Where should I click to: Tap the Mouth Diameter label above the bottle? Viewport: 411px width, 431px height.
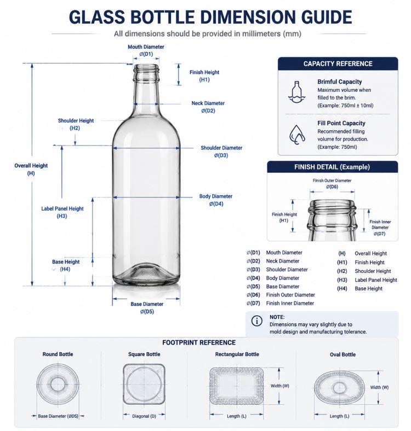point(146,50)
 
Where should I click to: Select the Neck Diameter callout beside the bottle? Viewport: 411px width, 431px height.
point(208,107)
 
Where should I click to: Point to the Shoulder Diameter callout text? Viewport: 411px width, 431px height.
point(221,152)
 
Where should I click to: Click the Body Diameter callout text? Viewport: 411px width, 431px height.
point(216,200)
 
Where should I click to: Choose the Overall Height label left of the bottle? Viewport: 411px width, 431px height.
point(31,170)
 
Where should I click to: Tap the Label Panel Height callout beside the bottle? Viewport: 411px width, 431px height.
point(62,212)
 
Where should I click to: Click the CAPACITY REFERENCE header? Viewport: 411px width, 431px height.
point(338,64)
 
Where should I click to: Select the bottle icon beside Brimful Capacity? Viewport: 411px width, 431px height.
point(296,92)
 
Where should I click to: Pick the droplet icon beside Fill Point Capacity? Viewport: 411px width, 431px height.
point(297,135)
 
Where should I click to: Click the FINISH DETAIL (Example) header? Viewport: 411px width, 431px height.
point(332,167)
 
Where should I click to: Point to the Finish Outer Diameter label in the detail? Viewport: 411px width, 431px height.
point(332,184)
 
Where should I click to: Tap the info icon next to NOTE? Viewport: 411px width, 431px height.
point(256,321)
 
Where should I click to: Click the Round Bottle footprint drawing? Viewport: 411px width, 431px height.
point(58,385)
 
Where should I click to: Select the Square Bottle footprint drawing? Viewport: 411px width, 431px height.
point(144,384)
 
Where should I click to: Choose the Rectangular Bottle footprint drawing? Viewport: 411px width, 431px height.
point(237,386)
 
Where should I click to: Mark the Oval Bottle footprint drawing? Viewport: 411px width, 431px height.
point(339,388)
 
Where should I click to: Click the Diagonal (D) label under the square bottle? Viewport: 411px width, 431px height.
point(144,416)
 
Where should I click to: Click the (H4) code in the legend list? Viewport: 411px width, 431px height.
point(342,289)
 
